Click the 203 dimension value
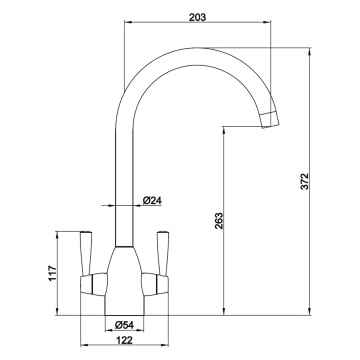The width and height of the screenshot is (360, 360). click(198, 16)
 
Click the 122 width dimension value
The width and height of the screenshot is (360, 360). click(124, 341)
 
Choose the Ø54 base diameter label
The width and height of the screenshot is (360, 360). click(125, 324)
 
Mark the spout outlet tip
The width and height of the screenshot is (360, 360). click(270, 119)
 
